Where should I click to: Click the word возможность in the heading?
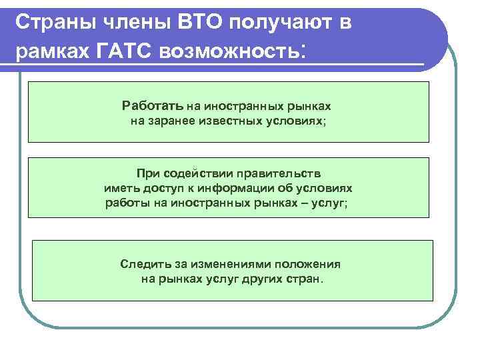229,51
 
